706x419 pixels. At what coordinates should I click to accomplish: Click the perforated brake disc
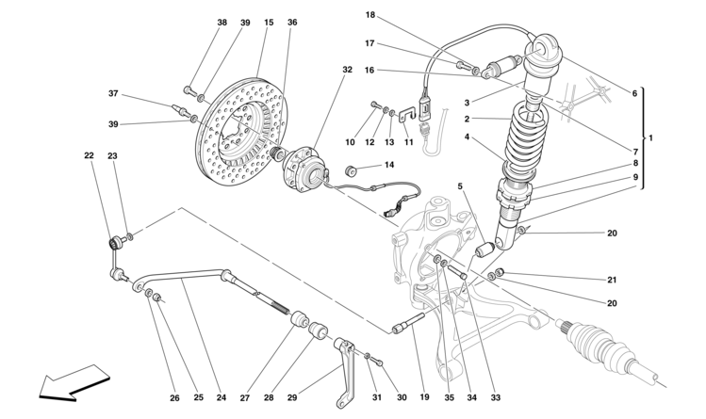coord(240,131)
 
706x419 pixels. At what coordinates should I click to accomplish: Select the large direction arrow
coord(74,382)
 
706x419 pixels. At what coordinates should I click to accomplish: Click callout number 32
coord(347,70)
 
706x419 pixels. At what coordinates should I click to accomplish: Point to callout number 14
coord(389,165)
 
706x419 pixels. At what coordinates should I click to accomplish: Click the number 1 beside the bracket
coord(649,138)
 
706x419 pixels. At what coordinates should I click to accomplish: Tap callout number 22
coord(90,155)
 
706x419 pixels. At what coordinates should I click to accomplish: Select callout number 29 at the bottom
coord(292,397)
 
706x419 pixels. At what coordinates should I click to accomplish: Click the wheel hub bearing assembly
coord(304,169)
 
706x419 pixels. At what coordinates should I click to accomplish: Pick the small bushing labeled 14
coord(351,170)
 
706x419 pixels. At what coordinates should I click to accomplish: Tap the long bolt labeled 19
coord(408,323)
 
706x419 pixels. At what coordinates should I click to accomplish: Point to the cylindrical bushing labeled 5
coord(485,249)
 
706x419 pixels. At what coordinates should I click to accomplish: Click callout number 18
coord(370,15)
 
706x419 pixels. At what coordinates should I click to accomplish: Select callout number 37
coord(113,93)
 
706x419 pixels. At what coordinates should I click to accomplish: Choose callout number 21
coord(612,280)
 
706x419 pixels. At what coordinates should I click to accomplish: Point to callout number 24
coord(222,397)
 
